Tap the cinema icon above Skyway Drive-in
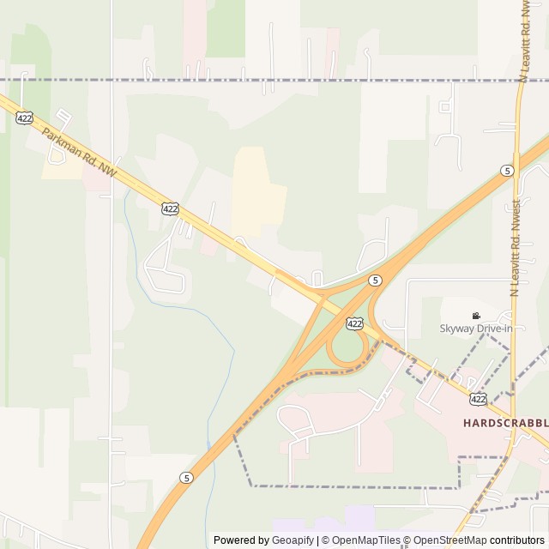(x=476, y=316)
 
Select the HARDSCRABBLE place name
(x=505, y=423)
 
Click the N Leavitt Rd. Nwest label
(x=516, y=249)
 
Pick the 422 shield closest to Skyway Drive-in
(x=354, y=323)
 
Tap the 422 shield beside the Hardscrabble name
(x=479, y=399)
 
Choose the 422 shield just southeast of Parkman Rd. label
(x=170, y=208)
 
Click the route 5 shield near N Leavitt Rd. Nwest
(x=508, y=171)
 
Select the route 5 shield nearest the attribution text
(x=187, y=477)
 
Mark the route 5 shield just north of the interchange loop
(x=375, y=280)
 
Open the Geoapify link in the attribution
(x=293, y=540)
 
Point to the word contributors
(x=517, y=540)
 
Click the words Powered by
(x=241, y=540)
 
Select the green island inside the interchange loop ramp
(x=347, y=347)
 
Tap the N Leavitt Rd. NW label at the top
(x=522, y=43)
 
